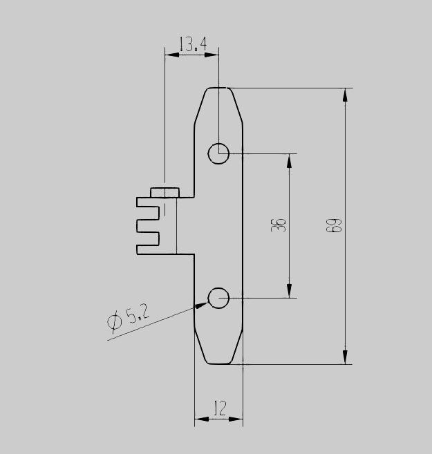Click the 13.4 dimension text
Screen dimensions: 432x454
coord(193,44)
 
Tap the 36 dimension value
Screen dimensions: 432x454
coord(279,225)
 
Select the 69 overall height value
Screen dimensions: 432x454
coord(334,225)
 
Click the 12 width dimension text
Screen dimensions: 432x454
coord(220,408)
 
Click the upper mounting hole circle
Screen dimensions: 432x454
coord(218,153)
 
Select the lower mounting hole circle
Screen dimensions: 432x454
coord(218,298)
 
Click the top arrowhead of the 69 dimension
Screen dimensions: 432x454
coord(345,95)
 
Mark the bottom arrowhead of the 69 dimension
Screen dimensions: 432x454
coord(345,357)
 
